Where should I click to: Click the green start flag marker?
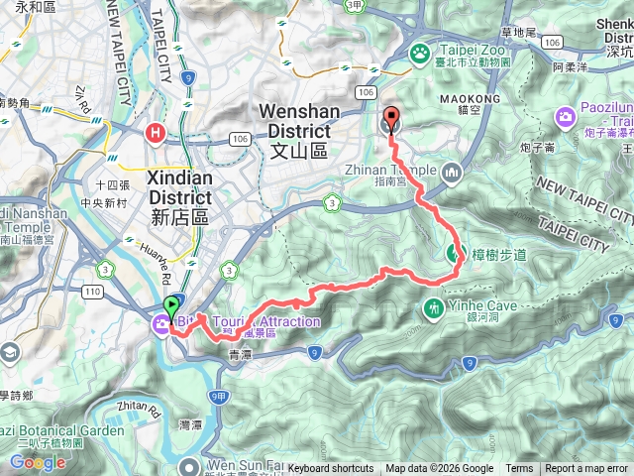[171, 306]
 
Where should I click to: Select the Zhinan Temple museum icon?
[453, 173]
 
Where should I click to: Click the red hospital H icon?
[155, 131]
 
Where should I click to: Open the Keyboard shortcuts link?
[331, 469]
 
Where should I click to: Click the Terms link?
[519, 469]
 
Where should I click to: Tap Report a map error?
[587, 469]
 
